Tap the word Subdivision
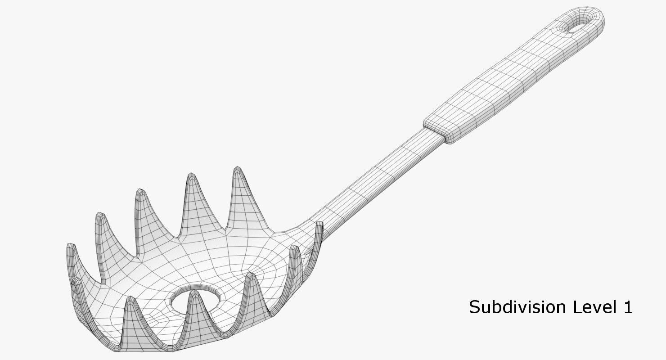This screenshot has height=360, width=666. (518, 307)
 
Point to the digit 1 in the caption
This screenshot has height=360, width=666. (628, 307)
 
